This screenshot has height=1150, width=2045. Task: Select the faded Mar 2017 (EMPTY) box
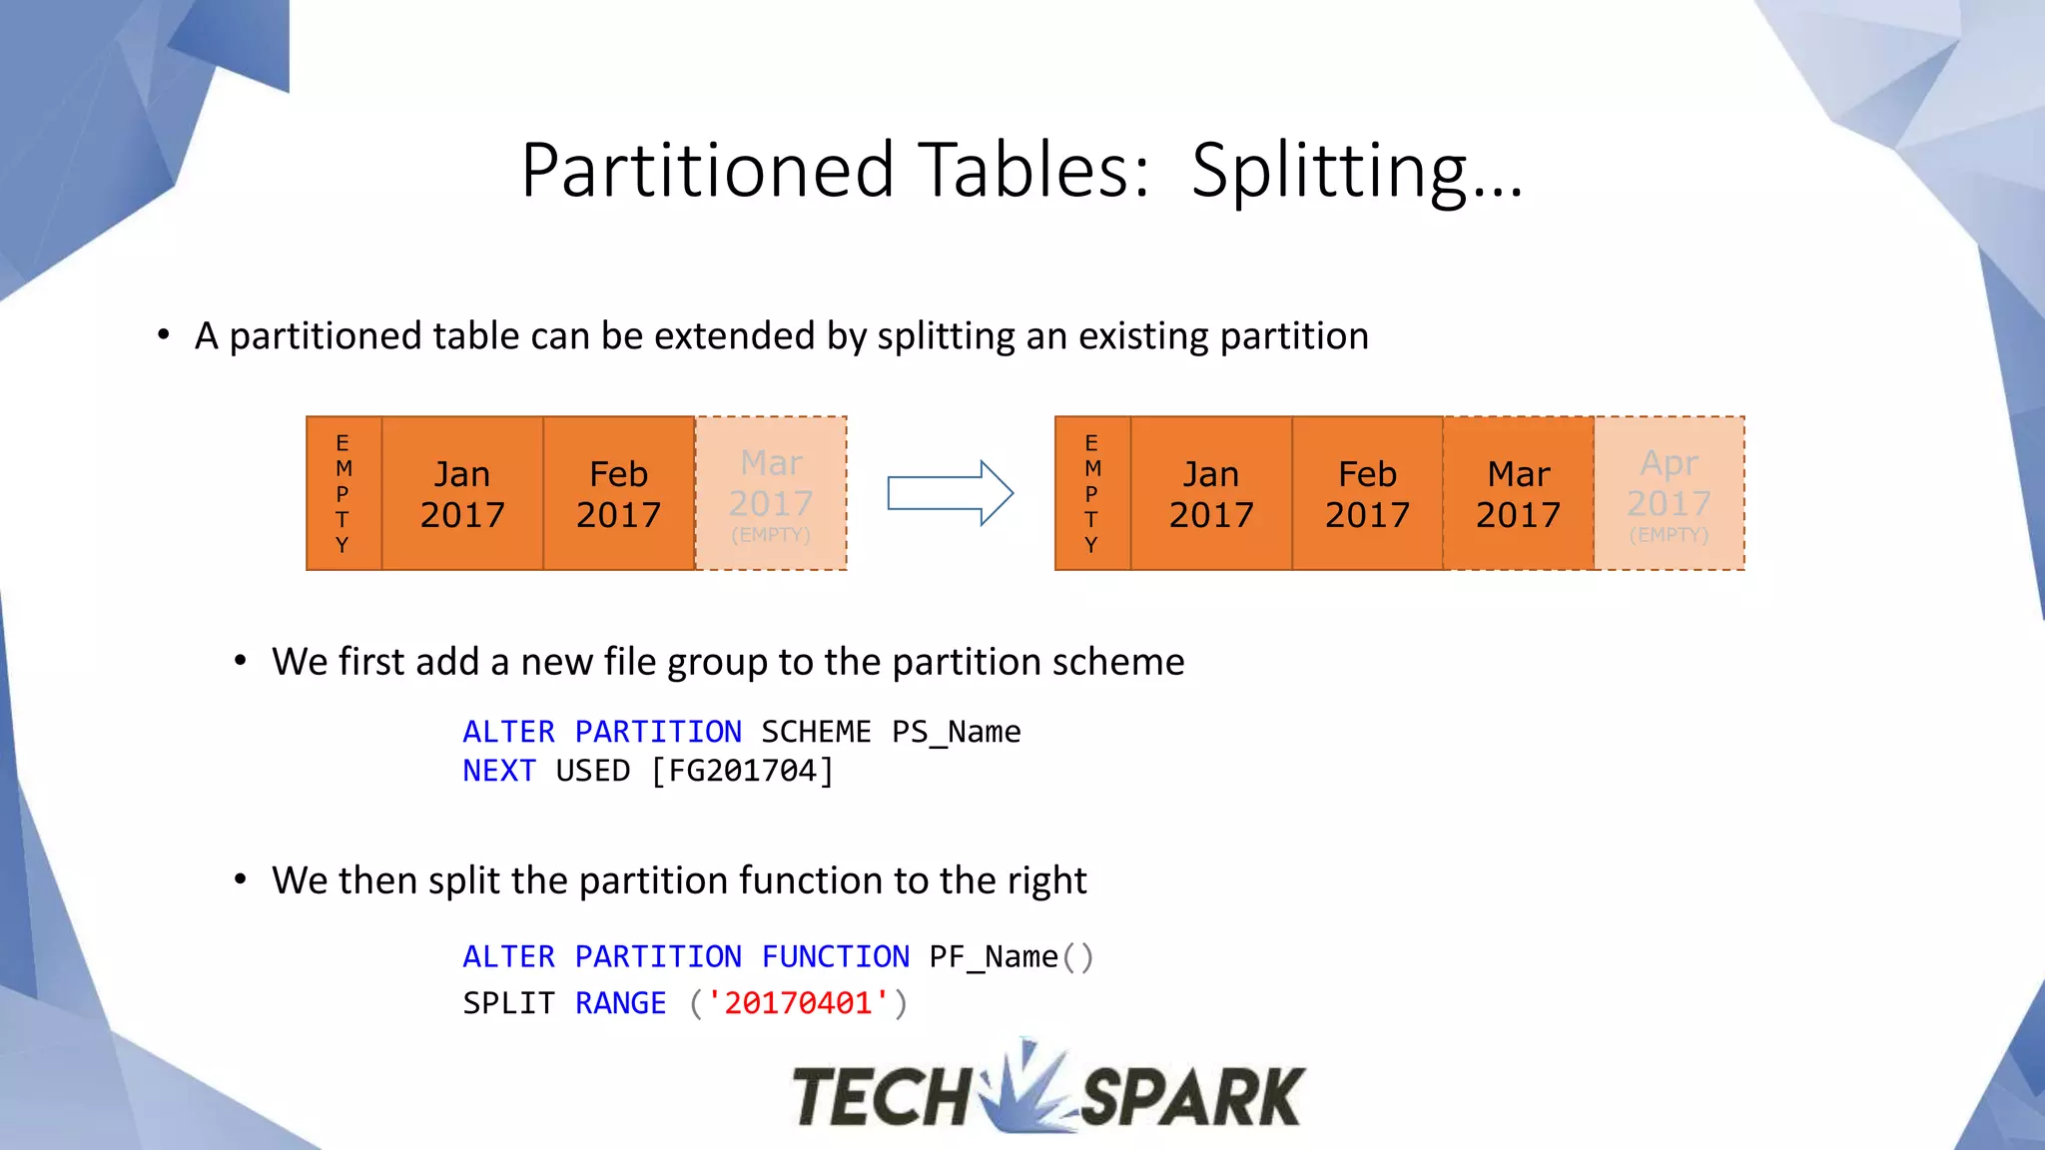point(771,494)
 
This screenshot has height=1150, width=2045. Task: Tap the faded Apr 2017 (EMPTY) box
point(1670,494)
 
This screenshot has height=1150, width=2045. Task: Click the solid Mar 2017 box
point(1518,494)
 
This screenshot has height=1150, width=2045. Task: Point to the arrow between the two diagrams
point(951,493)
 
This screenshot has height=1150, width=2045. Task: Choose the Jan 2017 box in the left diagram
point(462,494)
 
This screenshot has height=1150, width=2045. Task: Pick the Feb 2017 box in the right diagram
point(1367,494)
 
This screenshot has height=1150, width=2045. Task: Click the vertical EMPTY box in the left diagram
point(343,494)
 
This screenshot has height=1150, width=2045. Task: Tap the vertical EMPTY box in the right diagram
point(1092,494)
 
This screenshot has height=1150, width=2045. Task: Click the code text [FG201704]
point(742,772)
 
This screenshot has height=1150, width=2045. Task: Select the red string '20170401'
point(798,1003)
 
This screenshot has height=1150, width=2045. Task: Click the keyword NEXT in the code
point(499,772)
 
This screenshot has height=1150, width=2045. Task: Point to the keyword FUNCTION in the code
point(835,957)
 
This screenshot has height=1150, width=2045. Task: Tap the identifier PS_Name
point(956,733)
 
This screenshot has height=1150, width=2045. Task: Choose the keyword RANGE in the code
point(620,1003)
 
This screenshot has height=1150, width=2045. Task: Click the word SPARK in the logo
point(1192,1096)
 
